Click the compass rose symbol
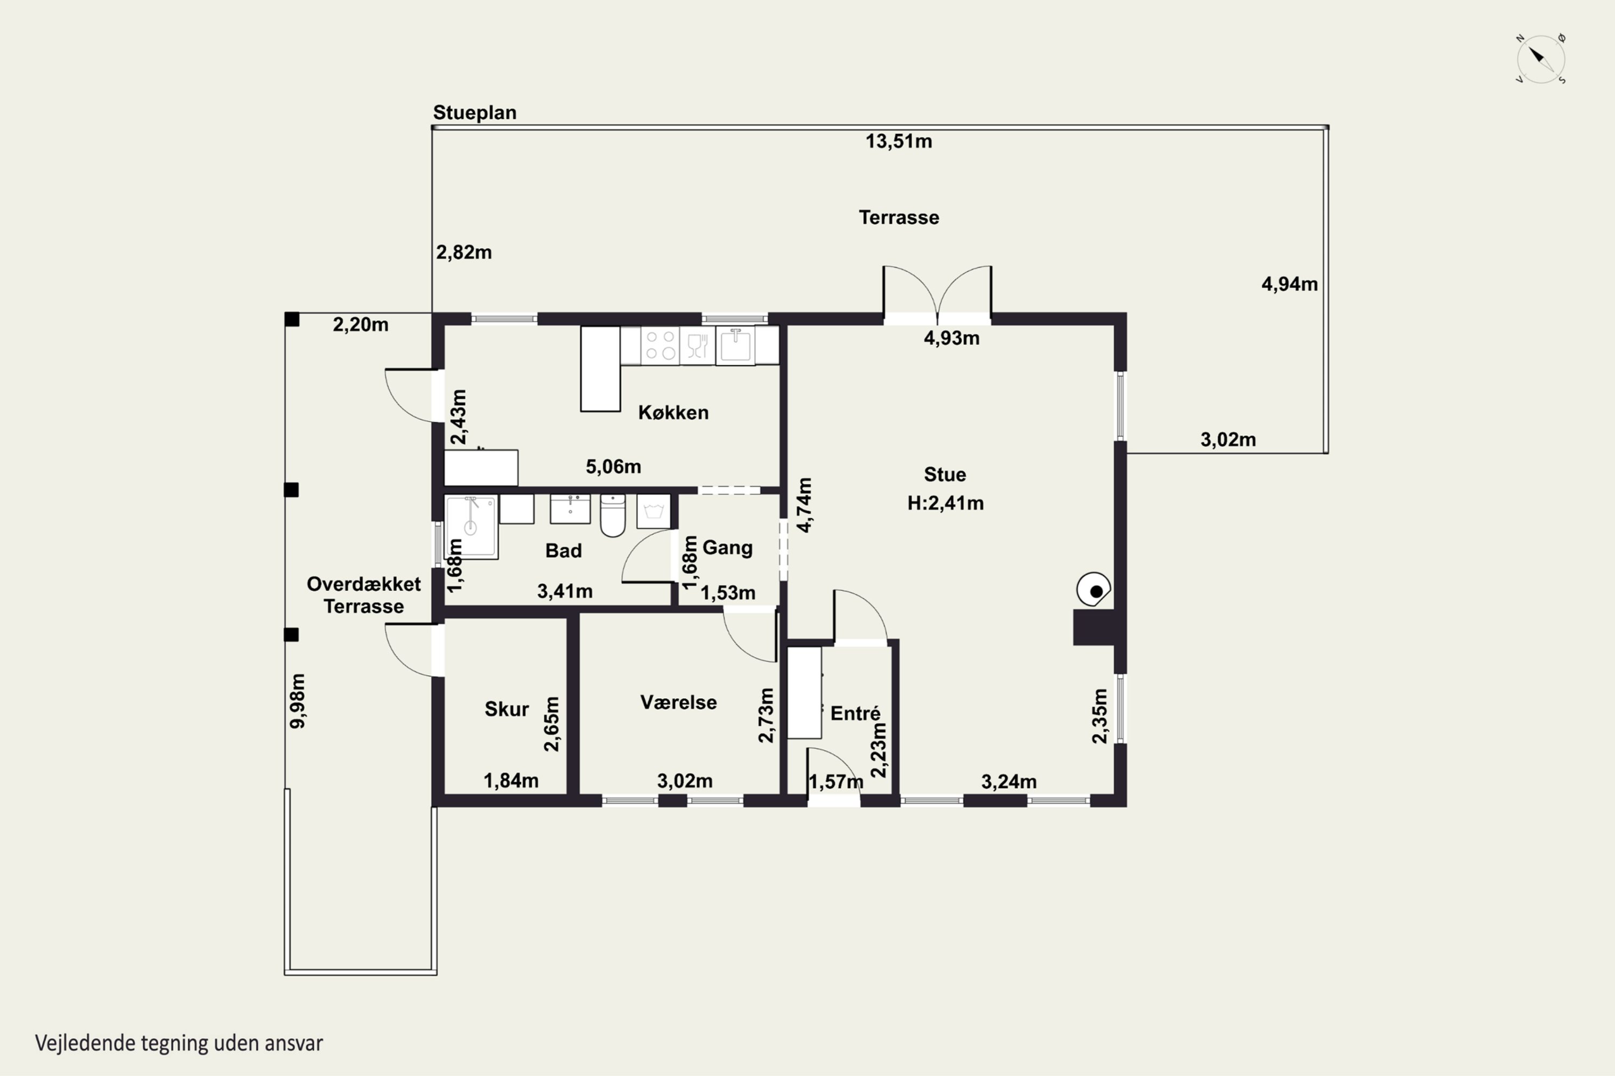tap(1540, 59)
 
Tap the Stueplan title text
tap(474, 112)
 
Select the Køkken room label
tap(673, 413)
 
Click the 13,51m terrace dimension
tap(898, 141)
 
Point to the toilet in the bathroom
tap(613, 515)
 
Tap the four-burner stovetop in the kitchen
tap(660, 345)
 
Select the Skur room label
tap(507, 709)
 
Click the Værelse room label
tap(678, 702)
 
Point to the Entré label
tap(855, 713)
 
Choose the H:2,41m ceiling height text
tap(945, 503)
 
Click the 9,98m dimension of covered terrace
tap(297, 700)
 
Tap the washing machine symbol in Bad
tap(653, 511)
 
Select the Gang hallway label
tap(727, 548)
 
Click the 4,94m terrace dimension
tap(1289, 284)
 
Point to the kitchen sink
tap(735, 345)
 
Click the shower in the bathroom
tap(471, 527)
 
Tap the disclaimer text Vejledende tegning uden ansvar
tap(179, 1043)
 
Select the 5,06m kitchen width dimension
tap(613, 466)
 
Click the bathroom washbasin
tap(570, 508)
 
